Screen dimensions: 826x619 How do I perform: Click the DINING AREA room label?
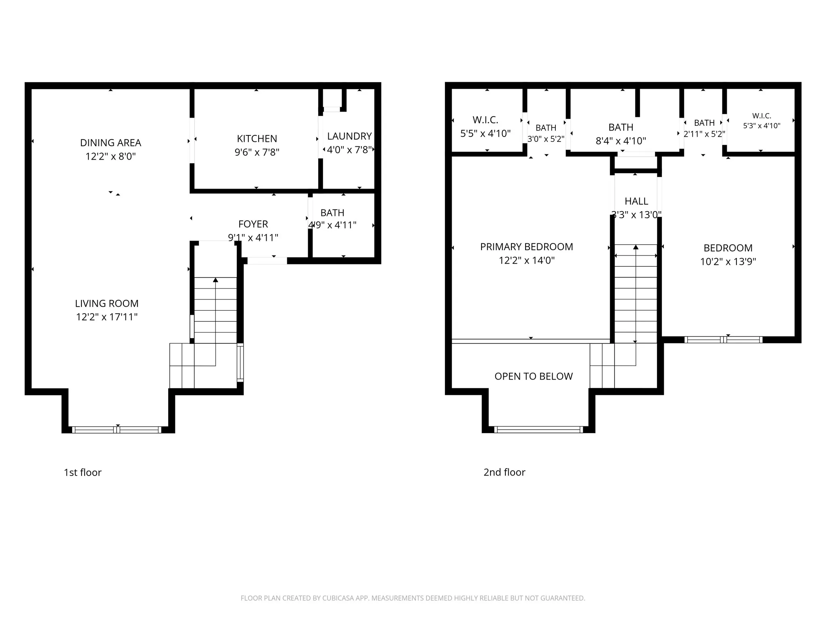click(111, 143)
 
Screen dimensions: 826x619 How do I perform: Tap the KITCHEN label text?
click(257, 139)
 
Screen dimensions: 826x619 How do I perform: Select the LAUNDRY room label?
click(349, 136)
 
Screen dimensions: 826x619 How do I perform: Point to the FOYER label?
click(253, 224)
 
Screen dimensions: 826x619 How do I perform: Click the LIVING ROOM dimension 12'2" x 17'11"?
click(107, 317)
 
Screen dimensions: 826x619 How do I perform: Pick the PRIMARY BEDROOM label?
click(526, 247)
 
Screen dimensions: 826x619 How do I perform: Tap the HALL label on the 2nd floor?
click(636, 201)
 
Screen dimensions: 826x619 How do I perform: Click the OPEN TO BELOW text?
click(534, 376)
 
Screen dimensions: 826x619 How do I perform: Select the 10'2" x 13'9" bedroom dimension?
click(728, 262)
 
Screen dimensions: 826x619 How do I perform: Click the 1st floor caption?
click(83, 472)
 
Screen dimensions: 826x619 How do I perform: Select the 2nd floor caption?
click(504, 472)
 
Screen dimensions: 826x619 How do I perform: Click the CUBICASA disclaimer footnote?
click(413, 598)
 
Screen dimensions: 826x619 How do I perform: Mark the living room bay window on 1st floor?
click(117, 430)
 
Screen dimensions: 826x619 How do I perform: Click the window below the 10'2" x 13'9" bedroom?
click(724, 340)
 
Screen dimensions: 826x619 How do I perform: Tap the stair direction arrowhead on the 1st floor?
click(216, 280)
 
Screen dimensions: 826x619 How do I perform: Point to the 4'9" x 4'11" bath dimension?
click(332, 225)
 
